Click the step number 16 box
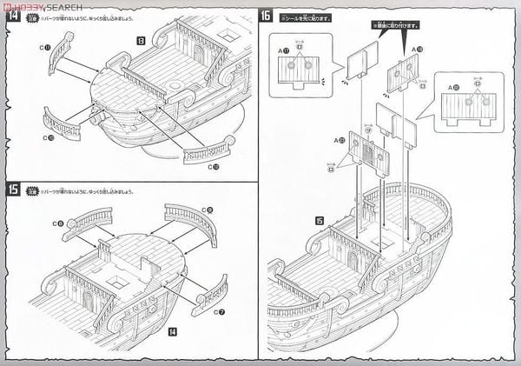click(267, 16)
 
